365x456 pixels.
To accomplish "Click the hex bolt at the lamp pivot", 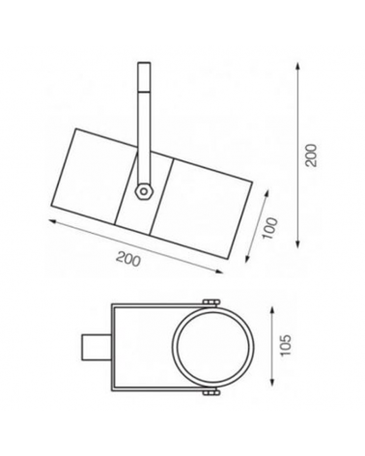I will pos(143,190).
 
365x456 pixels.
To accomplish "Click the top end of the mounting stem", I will pos(143,66).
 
